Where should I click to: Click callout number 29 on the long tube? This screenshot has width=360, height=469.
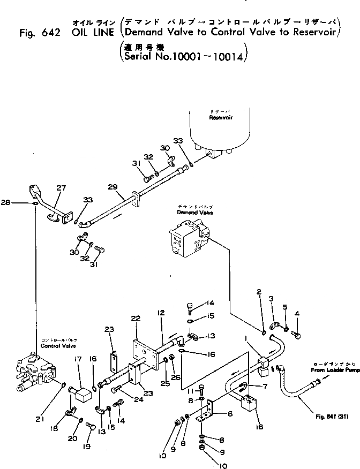[112, 187]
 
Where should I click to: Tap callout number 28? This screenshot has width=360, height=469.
[20, 203]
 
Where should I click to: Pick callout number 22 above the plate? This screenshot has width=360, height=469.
[135, 318]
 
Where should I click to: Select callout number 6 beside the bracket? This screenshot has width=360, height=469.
[230, 413]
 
